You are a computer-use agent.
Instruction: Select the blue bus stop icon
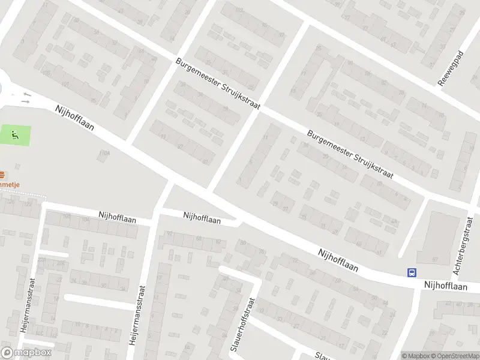(x=412, y=272)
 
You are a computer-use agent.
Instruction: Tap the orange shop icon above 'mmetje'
(x=2, y=175)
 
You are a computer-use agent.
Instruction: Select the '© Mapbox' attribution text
(x=416, y=356)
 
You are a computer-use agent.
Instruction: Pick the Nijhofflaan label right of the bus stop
(x=445, y=287)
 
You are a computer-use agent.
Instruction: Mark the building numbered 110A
(x=105, y=154)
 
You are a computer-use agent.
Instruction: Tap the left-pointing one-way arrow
(x=26, y=95)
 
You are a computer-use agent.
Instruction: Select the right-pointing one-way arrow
(x=25, y=102)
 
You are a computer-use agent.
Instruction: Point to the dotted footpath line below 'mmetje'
(x=24, y=196)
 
